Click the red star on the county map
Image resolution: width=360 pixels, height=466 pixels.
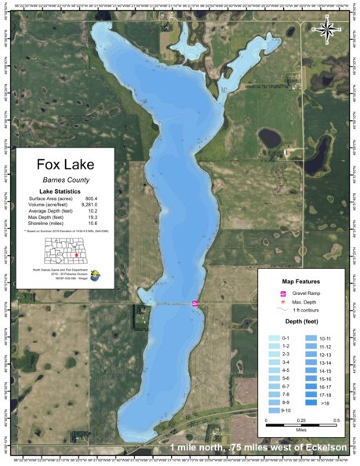click(75, 255)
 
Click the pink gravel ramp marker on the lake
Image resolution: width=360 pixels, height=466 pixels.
click(195, 303)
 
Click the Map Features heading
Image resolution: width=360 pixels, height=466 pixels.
click(298, 280)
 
